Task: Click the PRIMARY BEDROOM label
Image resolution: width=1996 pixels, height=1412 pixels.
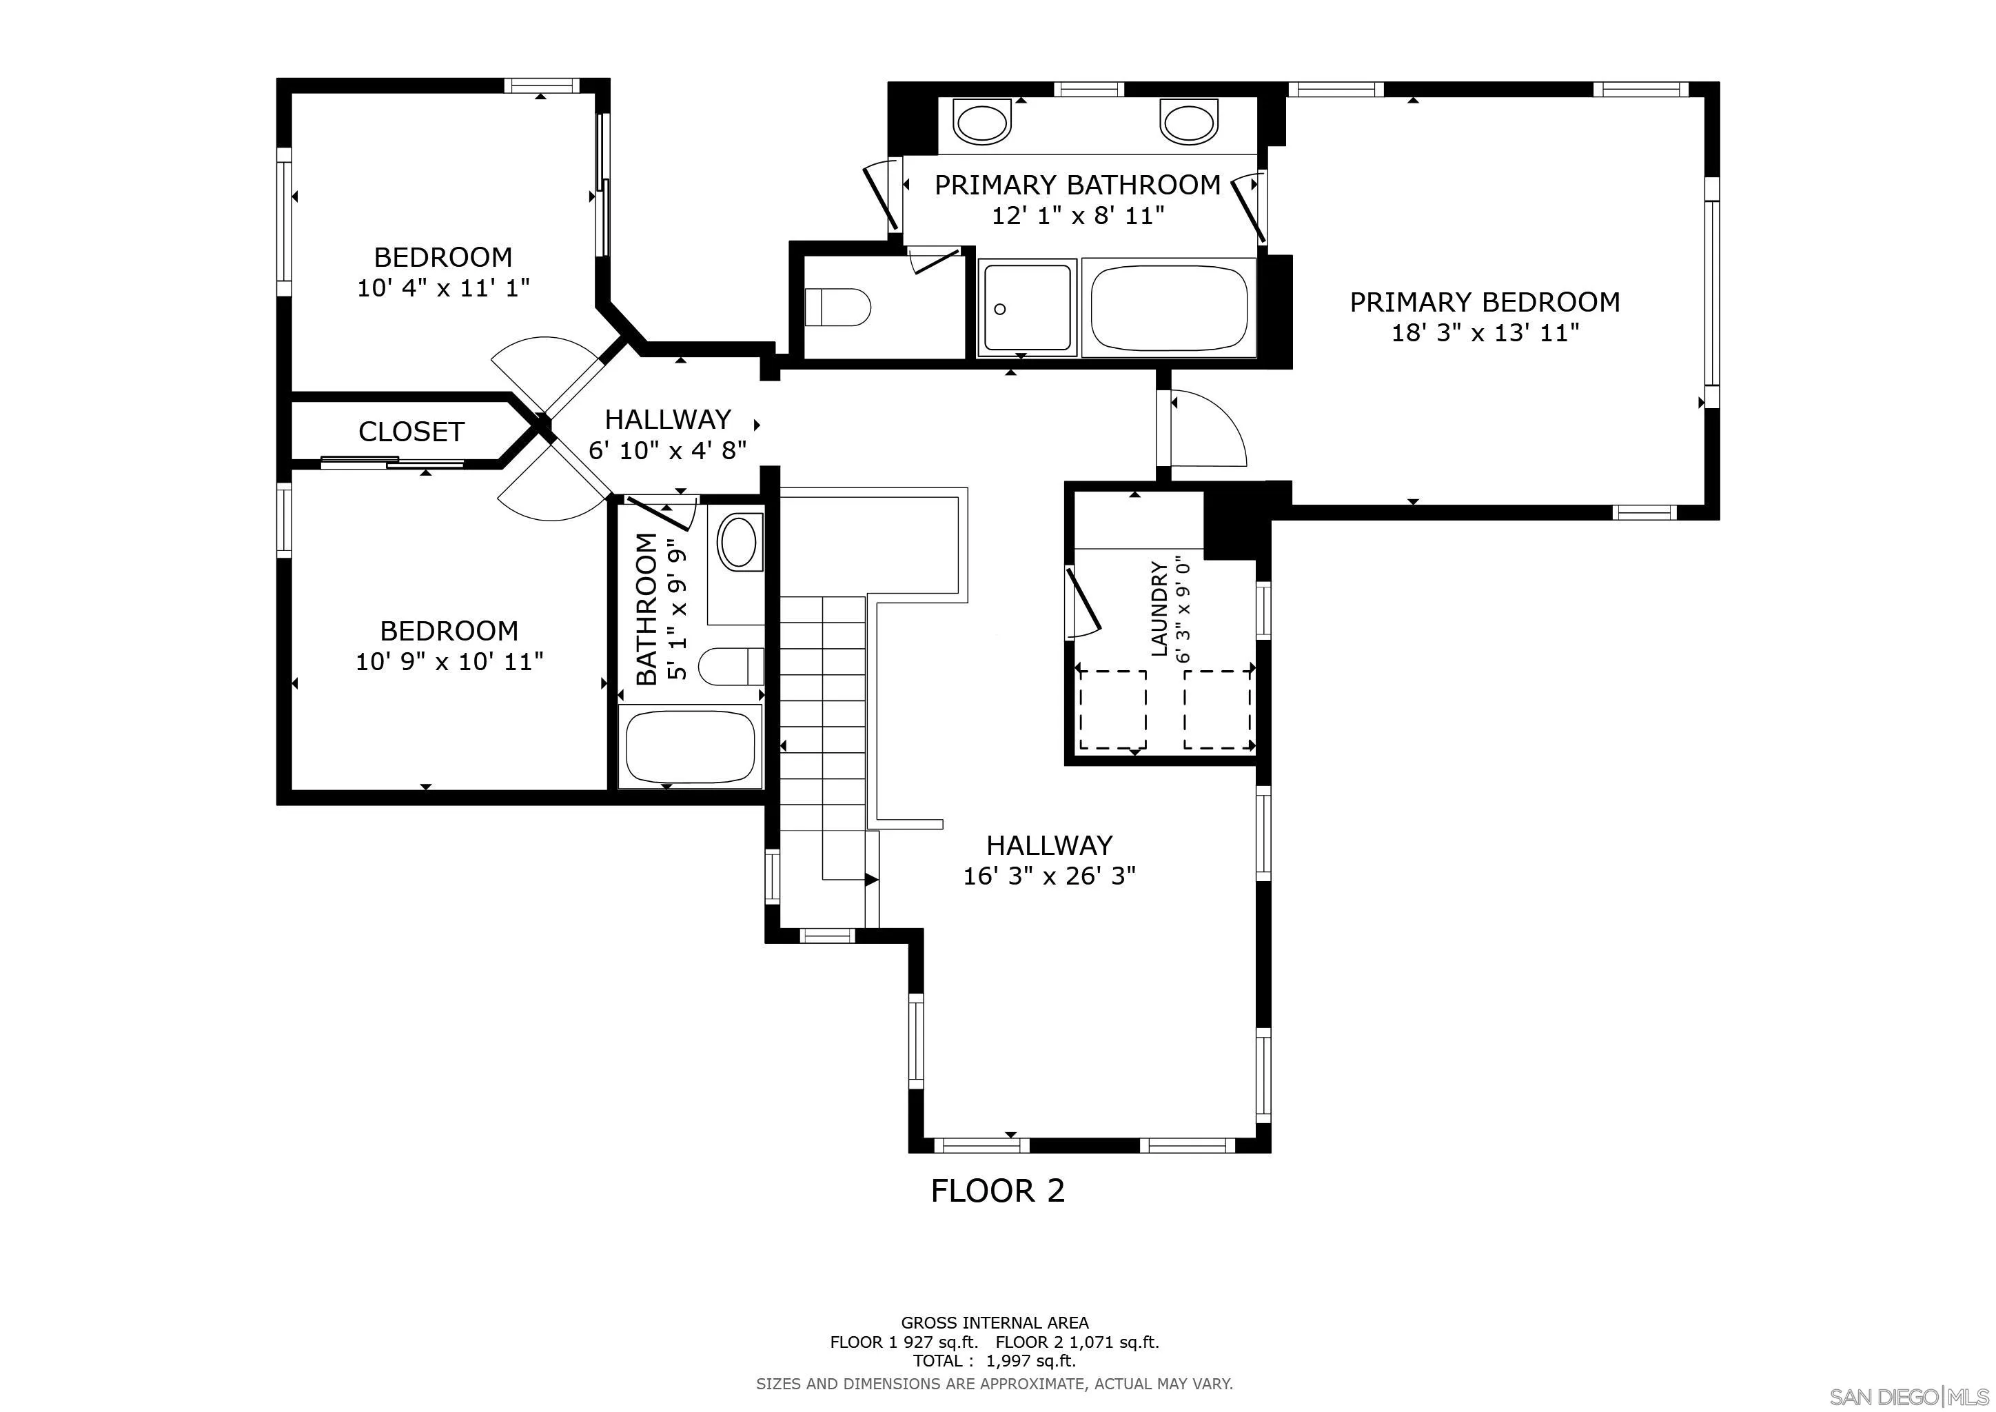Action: point(1485,303)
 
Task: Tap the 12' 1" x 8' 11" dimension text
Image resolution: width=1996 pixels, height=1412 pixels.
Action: point(1078,216)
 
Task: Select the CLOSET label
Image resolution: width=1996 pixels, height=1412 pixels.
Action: point(411,432)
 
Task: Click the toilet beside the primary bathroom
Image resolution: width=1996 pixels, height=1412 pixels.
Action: point(838,307)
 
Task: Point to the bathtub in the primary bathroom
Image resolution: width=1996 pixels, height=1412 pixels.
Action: point(1169,307)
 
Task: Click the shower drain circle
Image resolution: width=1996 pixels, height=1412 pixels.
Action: point(1000,309)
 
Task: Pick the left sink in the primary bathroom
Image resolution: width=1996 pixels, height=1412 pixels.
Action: point(984,122)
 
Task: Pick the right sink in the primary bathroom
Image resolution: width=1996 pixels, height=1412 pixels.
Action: point(1189,122)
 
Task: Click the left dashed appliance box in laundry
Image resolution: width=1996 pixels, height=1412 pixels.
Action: point(1112,709)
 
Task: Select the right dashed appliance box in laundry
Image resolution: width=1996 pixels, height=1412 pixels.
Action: point(1217,709)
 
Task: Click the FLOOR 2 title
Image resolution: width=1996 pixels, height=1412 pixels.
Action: point(998,1190)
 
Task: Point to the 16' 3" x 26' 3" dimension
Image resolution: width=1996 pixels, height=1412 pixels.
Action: point(1049,876)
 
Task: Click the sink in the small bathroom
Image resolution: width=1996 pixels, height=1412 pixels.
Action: point(739,543)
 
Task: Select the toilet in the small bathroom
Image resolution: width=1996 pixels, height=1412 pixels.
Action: point(731,667)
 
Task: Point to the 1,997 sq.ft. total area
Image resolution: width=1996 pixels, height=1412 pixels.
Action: point(1031,1361)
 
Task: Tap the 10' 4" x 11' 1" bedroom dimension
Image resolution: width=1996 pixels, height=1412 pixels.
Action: point(443,288)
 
